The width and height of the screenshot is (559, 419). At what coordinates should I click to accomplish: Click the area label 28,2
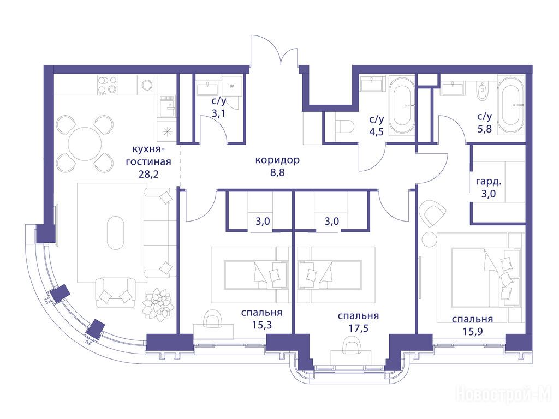tap(148, 174)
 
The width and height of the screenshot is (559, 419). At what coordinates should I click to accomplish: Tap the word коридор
tap(277, 160)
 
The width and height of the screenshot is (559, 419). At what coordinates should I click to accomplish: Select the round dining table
tap(85, 145)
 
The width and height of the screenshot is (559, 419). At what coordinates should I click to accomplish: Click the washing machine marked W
tap(232, 86)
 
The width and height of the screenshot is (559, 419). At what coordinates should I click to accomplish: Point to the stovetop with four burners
tap(108, 85)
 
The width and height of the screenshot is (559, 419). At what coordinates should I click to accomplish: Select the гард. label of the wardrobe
tap(489, 182)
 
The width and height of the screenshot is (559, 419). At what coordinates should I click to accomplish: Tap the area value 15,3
tap(261, 325)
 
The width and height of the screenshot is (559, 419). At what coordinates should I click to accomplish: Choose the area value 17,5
tap(358, 328)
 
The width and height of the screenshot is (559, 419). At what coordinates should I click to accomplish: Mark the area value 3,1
tap(219, 113)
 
